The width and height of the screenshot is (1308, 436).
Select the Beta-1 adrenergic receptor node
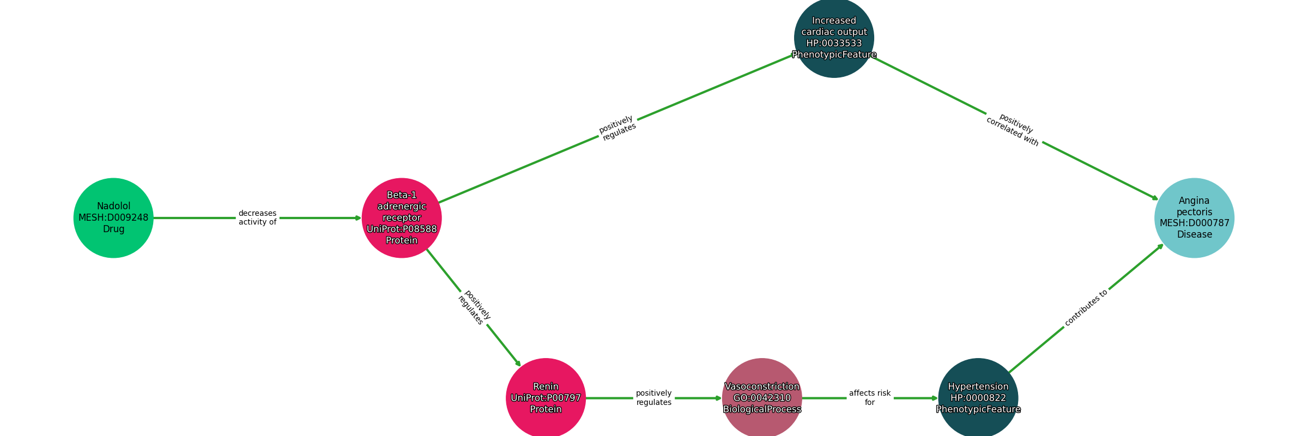[x=402, y=218]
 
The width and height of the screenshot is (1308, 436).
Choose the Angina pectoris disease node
[x=1194, y=218]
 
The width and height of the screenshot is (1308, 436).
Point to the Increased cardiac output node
[x=834, y=38]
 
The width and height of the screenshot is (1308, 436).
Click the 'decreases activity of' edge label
[x=257, y=218]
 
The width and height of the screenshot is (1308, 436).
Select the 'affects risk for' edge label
[x=869, y=398]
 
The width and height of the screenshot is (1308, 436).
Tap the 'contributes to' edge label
[x=1086, y=308]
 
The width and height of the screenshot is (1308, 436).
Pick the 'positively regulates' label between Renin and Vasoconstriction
[x=653, y=398]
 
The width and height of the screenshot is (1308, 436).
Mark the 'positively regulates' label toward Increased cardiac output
[x=617, y=128]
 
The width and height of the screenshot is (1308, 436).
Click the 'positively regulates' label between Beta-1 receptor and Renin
[x=474, y=308]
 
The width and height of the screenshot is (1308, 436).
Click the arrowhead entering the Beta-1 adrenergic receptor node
[x=358, y=218]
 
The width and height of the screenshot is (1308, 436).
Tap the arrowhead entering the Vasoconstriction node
[x=718, y=398]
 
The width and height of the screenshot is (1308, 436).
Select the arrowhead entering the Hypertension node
[x=934, y=398]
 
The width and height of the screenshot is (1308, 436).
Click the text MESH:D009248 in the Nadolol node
[x=113, y=218]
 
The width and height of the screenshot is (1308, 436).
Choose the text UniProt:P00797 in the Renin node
[x=546, y=398]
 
